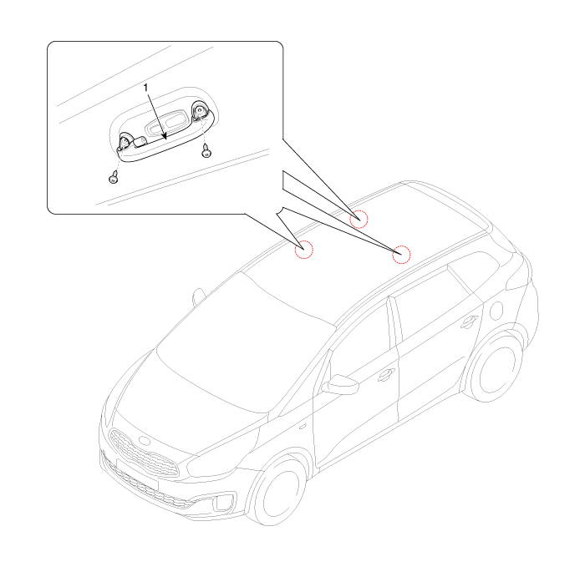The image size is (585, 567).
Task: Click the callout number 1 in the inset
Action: click(146, 88)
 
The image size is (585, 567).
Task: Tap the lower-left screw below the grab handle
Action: click(114, 177)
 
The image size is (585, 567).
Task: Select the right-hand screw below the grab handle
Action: click(206, 151)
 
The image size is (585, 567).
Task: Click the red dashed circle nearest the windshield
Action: click(303, 250)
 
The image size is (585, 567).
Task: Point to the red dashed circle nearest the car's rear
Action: click(401, 255)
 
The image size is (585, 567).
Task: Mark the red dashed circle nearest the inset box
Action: click(359, 219)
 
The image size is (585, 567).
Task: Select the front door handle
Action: click(386, 375)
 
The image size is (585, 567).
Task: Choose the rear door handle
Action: click(470, 322)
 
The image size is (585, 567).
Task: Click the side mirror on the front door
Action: click(340, 385)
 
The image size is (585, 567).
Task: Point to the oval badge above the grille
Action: click(143, 440)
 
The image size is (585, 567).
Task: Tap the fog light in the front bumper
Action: click(223, 502)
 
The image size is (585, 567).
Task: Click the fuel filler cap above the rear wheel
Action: click(496, 311)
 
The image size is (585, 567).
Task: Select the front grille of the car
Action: click(143, 453)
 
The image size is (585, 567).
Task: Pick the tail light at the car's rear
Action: click(518, 274)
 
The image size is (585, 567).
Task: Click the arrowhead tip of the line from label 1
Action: click(165, 139)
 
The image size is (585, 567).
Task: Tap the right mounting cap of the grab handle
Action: click(200, 111)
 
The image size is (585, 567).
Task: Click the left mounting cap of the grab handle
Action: click(125, 141)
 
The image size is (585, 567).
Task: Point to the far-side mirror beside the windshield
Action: click(199, 296)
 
